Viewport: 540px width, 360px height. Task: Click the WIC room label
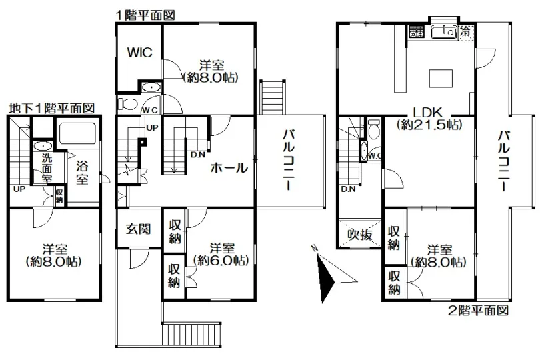tap(139, 53)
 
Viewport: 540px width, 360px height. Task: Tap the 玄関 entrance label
tap(138, 229)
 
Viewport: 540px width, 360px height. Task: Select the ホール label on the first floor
tap(229, 168)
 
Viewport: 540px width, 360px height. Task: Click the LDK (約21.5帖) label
tap(429, 118)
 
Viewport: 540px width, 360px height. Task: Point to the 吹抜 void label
tap(360, 235)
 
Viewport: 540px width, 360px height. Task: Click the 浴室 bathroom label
tap(82, 173)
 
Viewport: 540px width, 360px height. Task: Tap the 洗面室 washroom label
tap(47, 168)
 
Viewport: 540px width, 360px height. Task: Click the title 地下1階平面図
tap(51, 109)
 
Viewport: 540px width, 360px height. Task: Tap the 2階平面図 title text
tap(479, 311)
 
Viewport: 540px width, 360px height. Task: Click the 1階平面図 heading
tap(145, 15)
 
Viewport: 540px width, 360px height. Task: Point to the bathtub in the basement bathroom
tap(77, 133)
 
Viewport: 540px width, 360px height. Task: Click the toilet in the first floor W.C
tap(127, 104)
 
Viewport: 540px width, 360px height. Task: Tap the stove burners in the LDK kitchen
tap(416, 32)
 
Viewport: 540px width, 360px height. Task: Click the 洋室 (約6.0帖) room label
tap(221, 254)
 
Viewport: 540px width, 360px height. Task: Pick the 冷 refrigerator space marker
tap(466, 32)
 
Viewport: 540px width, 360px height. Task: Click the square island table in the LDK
tap(441, 78)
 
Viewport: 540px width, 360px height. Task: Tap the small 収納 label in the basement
tap(59, 195)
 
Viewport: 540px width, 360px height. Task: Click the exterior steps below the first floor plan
tap(191, 333)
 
